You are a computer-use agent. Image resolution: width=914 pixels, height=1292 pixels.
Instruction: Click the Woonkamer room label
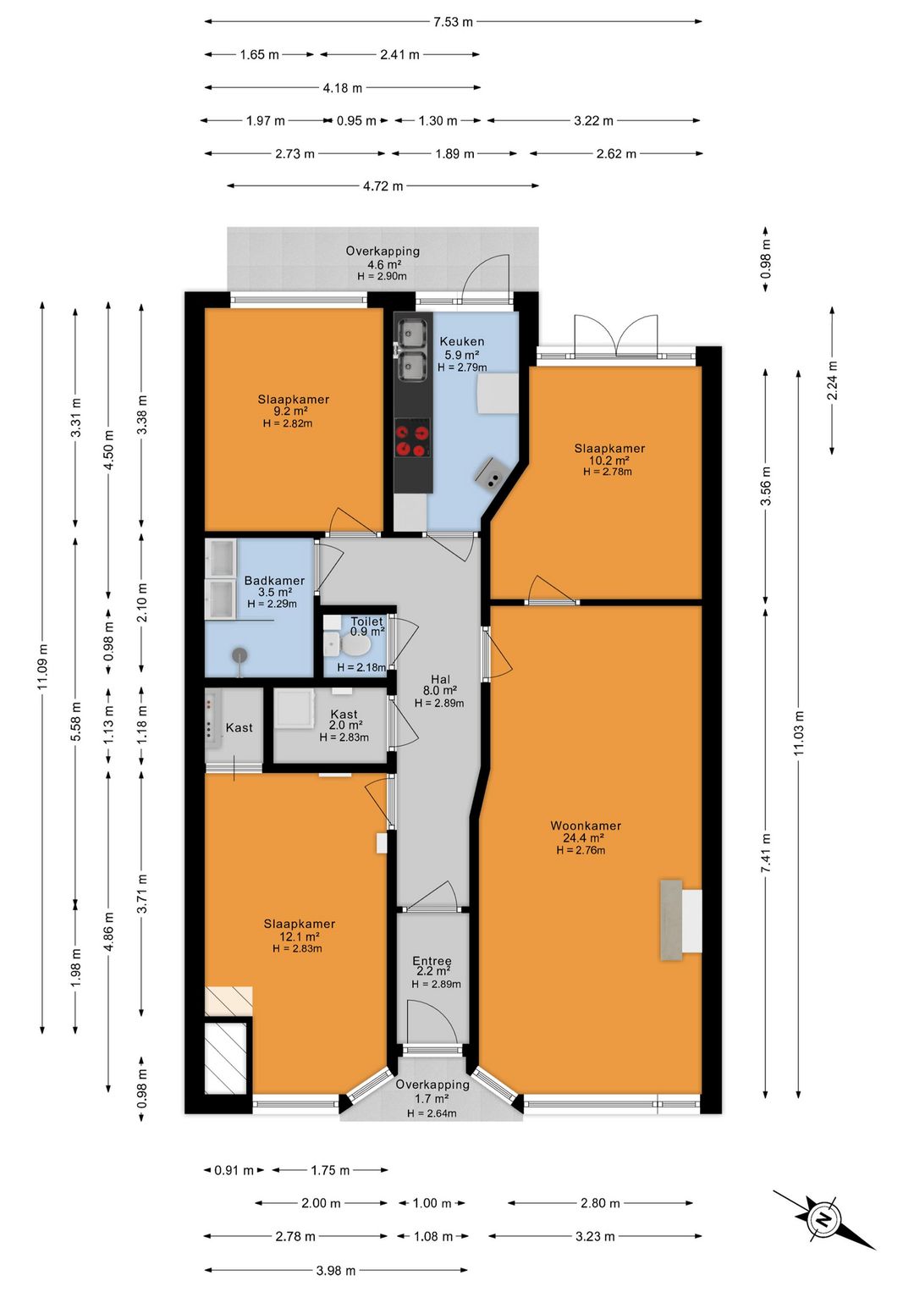(586, 826)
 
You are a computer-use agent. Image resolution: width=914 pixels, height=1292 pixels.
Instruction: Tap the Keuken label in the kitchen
(462, 341)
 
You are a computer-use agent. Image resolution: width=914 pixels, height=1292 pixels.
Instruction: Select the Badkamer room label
(274, 580)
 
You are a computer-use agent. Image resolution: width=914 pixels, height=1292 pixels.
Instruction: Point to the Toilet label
(366, 621)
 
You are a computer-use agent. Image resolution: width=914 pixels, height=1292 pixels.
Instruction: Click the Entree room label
(432, 961)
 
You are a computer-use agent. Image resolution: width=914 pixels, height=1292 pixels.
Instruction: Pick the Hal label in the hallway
(440, 680)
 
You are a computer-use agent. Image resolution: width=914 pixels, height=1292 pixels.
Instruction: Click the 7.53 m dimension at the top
(454, 22)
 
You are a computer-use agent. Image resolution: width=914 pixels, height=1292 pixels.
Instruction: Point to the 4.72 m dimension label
(383, 186)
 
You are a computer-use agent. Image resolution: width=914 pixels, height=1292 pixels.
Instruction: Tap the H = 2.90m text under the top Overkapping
(382, 276)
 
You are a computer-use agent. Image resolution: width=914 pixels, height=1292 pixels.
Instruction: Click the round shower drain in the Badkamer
(240, 654)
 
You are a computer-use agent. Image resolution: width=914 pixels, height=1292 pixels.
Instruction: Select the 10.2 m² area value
(608, 461)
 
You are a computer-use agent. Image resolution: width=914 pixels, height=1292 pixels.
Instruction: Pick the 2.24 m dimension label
(832, 379)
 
